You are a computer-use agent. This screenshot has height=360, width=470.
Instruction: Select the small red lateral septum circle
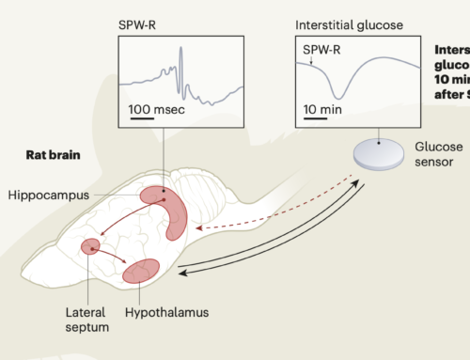[x=91, y=246]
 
